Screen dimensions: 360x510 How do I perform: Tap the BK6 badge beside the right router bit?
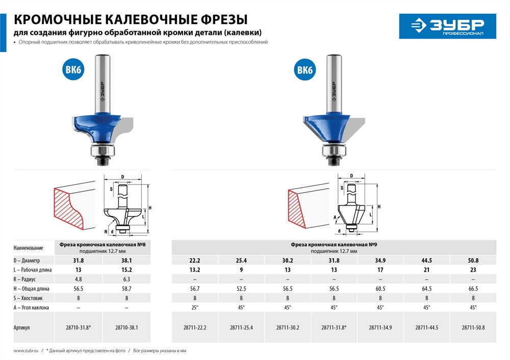(x=304, y=70)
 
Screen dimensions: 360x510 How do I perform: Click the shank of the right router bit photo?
(x=335, y=76)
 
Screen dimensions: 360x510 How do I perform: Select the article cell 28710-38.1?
(x=126, y=328)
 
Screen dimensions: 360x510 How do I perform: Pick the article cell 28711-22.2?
(x=194, y=328)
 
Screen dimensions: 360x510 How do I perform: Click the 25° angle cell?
(x=194, y=307)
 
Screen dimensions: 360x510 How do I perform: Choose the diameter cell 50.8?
(x=473, y=260)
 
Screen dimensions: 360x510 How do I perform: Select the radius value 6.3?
(x=126, y=279)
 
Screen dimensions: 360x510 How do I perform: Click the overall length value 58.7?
(x=126, y=289)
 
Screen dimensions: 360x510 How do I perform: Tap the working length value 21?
(x=427, y=270)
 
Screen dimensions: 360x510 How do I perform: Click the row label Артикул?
(x=22, y=328)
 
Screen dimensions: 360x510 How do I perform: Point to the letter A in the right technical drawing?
(x=335, y=217)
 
